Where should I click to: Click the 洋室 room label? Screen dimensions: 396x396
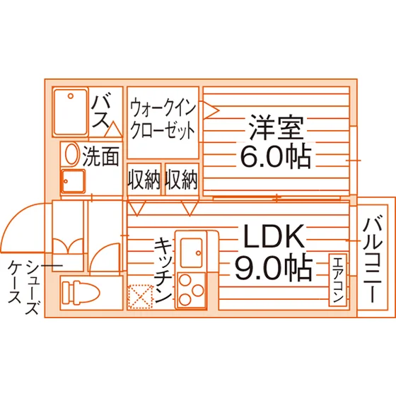click(276, 128)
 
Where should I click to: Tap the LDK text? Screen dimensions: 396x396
click(274, 236)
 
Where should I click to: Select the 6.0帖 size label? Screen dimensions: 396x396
click(275, 156)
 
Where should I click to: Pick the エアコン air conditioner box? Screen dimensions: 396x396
click(338, 280)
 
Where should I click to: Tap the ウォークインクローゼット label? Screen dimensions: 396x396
click(163, 120)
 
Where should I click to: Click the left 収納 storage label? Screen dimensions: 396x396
click(144, 180)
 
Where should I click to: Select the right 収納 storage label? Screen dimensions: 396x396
click(181, 180)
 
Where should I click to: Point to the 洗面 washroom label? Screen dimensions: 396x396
click(101, 156)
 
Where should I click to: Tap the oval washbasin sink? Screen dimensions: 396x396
click(71, 154)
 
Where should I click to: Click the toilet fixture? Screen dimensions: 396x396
click(81, 293)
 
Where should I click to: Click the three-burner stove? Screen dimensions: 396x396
click(192, 291)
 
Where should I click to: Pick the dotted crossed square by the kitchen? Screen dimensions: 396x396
click(141, 297)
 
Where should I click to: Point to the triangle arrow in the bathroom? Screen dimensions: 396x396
click(113, 129)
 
